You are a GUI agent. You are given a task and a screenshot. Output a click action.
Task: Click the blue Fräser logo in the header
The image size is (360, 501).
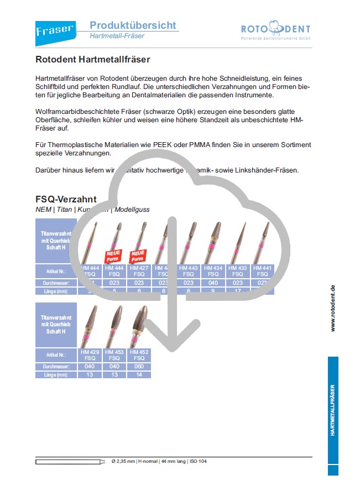pos(55,30)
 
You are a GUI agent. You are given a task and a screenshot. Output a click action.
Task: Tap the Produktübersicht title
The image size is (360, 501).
pos(133,25)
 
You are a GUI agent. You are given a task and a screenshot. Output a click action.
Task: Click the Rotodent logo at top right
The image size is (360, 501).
pos(275,30)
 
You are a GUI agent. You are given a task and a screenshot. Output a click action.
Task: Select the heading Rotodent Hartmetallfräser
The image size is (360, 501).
pos(93,59)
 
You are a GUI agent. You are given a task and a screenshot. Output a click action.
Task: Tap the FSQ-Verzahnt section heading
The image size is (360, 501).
pos(66,199)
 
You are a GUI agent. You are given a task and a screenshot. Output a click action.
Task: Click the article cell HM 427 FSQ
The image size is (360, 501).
pos(139,271)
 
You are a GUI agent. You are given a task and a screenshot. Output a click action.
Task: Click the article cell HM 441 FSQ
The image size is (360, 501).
pos(262,271)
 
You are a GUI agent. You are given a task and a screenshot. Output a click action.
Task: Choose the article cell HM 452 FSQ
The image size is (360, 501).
pos(139,355)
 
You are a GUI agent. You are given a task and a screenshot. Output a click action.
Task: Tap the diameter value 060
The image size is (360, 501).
pos(139,367)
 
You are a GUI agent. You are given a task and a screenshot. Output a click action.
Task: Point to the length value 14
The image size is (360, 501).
pos(139,375)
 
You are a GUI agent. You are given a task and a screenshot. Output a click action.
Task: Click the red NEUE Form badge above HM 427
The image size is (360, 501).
pos(138,256)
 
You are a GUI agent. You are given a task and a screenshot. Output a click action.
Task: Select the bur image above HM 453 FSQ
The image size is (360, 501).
pos(114,326)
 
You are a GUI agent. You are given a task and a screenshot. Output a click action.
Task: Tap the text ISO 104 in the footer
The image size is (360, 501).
pos(197,461)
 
